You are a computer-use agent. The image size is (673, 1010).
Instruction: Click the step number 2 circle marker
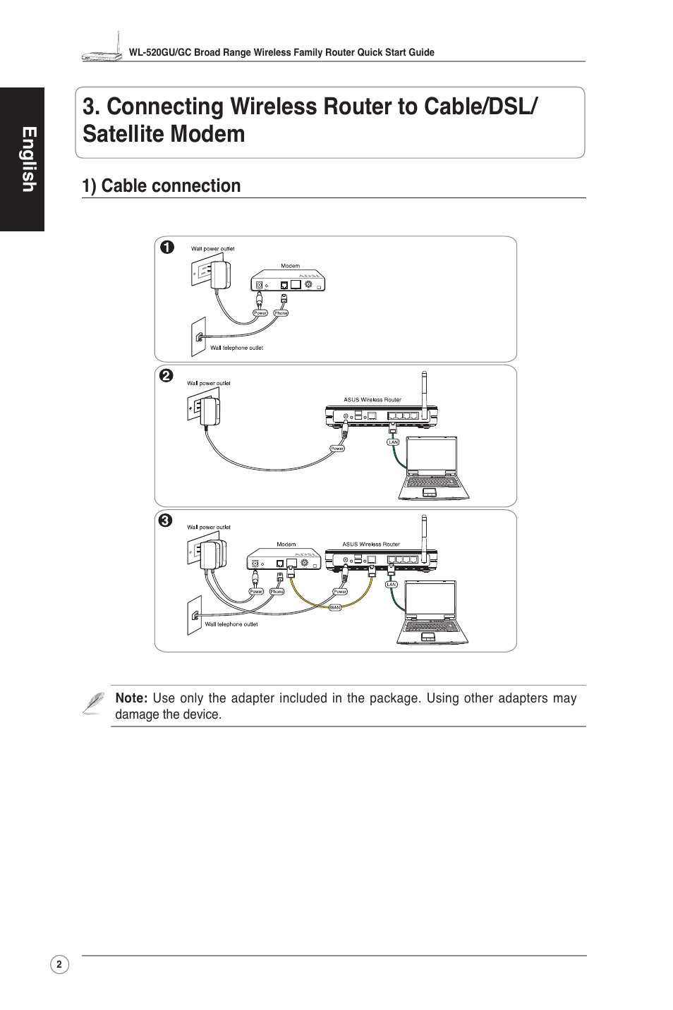[x=165, y=376]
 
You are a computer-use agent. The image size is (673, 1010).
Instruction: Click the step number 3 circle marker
[x=165, y=521]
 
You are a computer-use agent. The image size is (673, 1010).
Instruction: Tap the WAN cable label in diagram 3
[x=335, y=607]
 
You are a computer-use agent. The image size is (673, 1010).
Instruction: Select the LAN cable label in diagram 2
[x=394, y=442]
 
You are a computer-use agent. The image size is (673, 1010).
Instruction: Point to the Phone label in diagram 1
[x=281, y=313]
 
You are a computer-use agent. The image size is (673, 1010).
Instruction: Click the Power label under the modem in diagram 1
[x=260, y=313]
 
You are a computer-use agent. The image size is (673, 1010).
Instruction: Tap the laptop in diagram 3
[x=430, y=612]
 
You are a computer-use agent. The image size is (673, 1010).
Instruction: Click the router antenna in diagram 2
[x=425, y=388]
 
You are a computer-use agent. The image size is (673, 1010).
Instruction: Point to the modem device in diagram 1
[x=289, y=281]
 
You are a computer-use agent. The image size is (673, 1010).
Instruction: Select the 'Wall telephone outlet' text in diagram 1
[x=236, y=348]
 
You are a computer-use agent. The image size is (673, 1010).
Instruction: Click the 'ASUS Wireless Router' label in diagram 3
[x=371, y=544]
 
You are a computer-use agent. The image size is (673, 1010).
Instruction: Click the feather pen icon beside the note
[x=92, y=703]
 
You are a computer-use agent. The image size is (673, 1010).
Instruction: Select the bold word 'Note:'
[x=131, y=698]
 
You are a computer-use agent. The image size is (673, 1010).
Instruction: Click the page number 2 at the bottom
[x=59, y=965]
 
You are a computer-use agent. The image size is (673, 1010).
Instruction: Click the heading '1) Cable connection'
[x=161, y=185]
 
